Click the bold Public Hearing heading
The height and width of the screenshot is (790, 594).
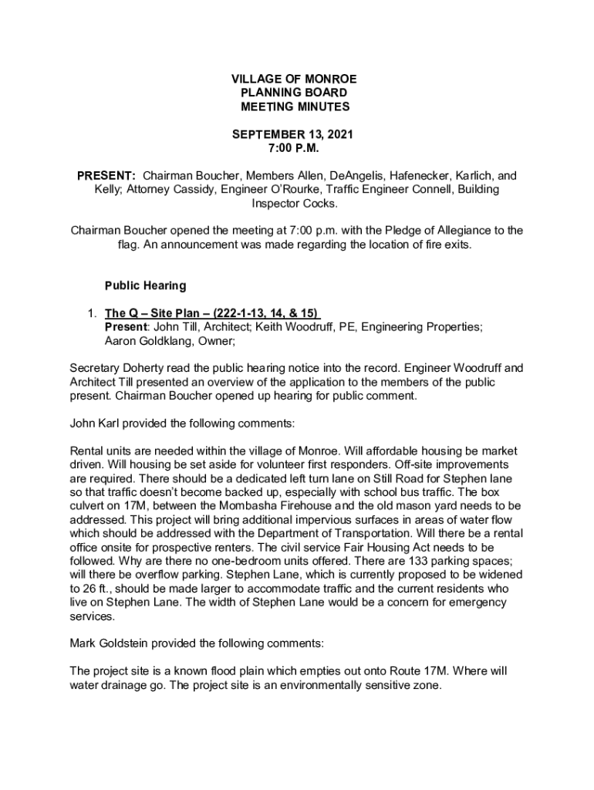[145, 285]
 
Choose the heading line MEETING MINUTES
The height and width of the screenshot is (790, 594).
[294, 106]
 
